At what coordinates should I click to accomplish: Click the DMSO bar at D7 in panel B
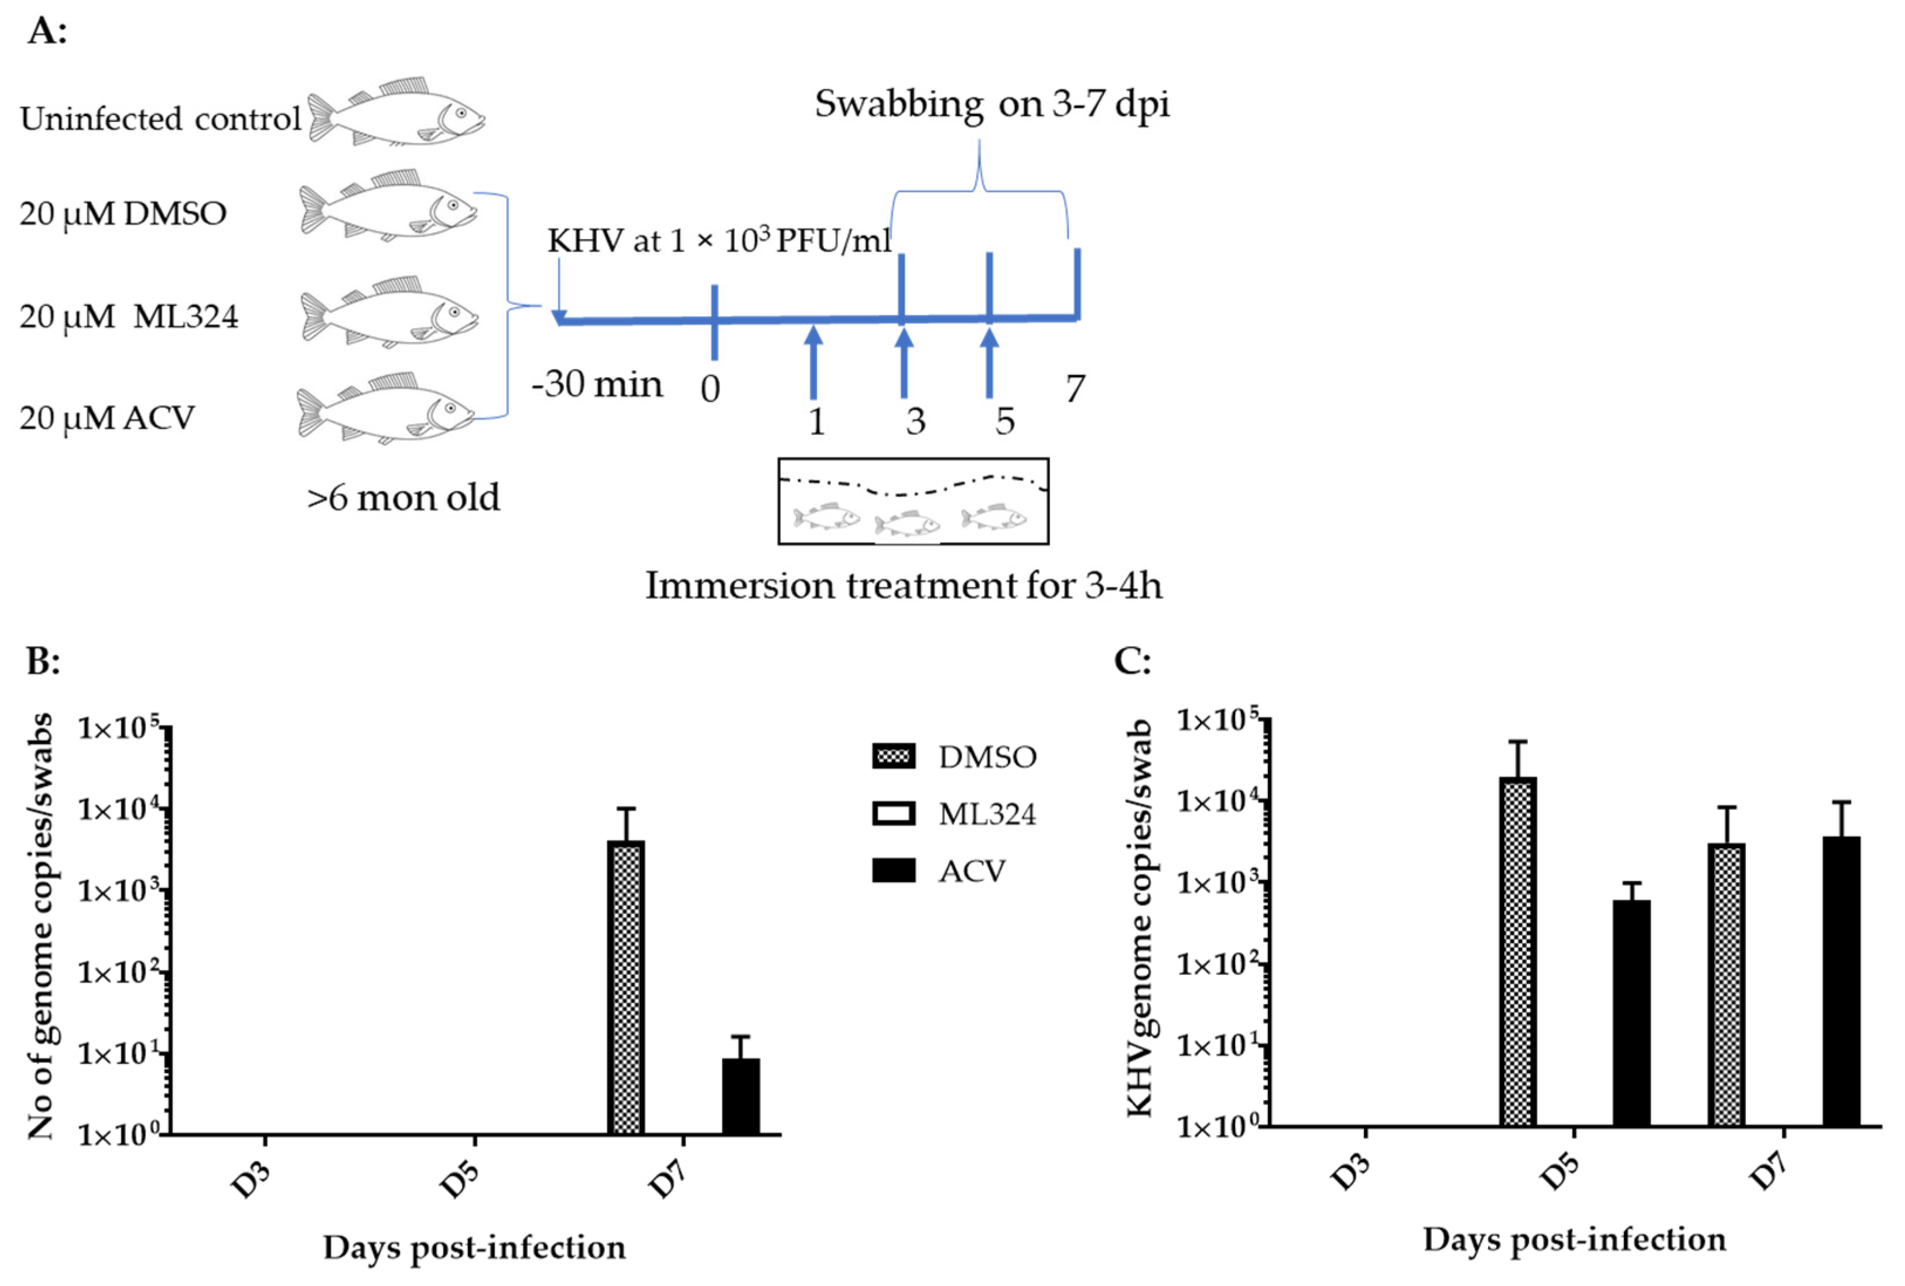625,988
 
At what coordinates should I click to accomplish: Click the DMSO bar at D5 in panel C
1518,951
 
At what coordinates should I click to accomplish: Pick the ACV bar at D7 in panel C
1841,980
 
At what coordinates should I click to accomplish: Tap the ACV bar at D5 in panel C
1631,1013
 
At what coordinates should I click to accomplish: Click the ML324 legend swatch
894,814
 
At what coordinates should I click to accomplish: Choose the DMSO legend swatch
894,755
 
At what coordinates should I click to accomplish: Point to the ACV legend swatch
894,870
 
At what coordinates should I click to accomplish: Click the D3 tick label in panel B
251,1180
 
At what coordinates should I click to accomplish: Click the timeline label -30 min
597,384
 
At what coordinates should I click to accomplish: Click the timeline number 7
1075,388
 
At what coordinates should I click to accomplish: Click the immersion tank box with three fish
913,501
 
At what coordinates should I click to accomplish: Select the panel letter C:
1132,660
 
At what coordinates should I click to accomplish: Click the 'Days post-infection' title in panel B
474,1247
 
